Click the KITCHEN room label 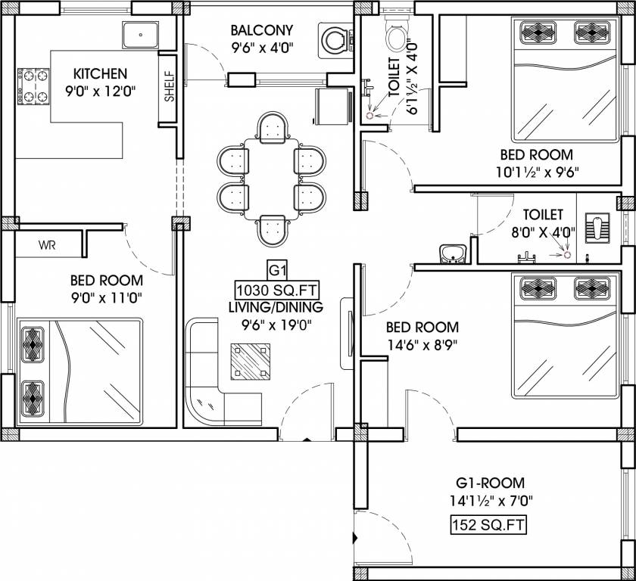100,73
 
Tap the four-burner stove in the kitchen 33,87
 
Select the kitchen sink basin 140,36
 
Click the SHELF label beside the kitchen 169,86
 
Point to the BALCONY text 262,30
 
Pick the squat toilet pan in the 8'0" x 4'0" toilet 597,230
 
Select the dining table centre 271,179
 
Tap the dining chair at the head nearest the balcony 273,127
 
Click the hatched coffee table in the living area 251,362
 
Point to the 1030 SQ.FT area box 277,290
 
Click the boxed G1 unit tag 278,270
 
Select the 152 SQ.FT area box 489,525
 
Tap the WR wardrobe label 47,245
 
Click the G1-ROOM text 491,483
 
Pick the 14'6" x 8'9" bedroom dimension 422,345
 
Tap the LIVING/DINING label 276,307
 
